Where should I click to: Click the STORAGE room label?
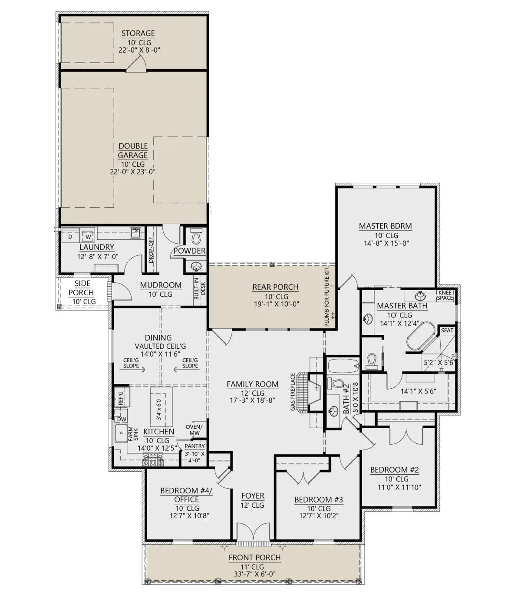pyautogui.click(x=138, y=33)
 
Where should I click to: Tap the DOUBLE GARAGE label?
pyautogui.click(x=133, y=151)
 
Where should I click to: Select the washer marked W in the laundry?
pyautogui.click(x=88, y=236)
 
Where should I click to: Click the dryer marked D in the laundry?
pyautogui.click(x=70, y=236)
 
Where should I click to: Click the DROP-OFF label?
pyautogui.click(x=151, y=250)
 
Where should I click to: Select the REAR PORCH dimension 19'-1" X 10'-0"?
pyautogui.click(x=276, y=304)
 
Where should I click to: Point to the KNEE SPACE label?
pyautogui.click(x=445, y=295)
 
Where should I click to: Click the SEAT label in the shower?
pyautogui.click(x=447, y=331)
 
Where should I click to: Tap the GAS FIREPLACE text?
pyautogui.click(x=293, y=392)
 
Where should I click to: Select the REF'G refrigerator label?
pyautogui.click(x=121, y=398)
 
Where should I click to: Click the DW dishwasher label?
pyautogui.click(x=122, y=420)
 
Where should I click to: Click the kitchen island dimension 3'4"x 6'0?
pyautogui.click(x=158, y=410)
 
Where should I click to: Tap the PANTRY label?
pyautogui.click(x=195, y=446)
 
